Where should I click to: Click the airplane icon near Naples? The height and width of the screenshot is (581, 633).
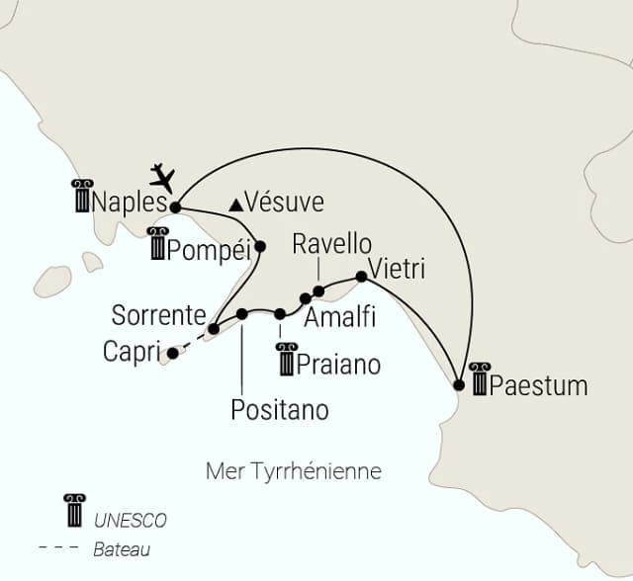(x=162, y=178)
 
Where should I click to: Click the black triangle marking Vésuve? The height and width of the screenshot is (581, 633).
(x=235, y=205)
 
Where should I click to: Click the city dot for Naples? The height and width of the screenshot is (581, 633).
(x=176, y=207)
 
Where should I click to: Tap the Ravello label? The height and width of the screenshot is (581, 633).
(x=332, y=244)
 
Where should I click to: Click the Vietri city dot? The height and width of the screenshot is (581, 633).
(x=361, y=277)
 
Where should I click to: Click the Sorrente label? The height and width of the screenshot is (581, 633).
(x=158, y=317)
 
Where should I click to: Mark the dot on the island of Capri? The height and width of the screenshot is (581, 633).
(x=173, y=352)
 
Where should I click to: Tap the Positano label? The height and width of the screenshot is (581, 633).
(x=279, y=407)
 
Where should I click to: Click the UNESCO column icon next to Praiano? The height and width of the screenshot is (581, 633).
(x=288, y=361)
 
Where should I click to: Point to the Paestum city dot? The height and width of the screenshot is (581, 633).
(x=458, y=384)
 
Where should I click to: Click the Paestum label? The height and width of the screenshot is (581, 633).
(x=538, y=384)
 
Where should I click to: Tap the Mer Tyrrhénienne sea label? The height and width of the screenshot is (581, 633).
(x=293, y=470)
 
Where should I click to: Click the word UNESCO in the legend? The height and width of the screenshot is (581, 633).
(x=131, y=521)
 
